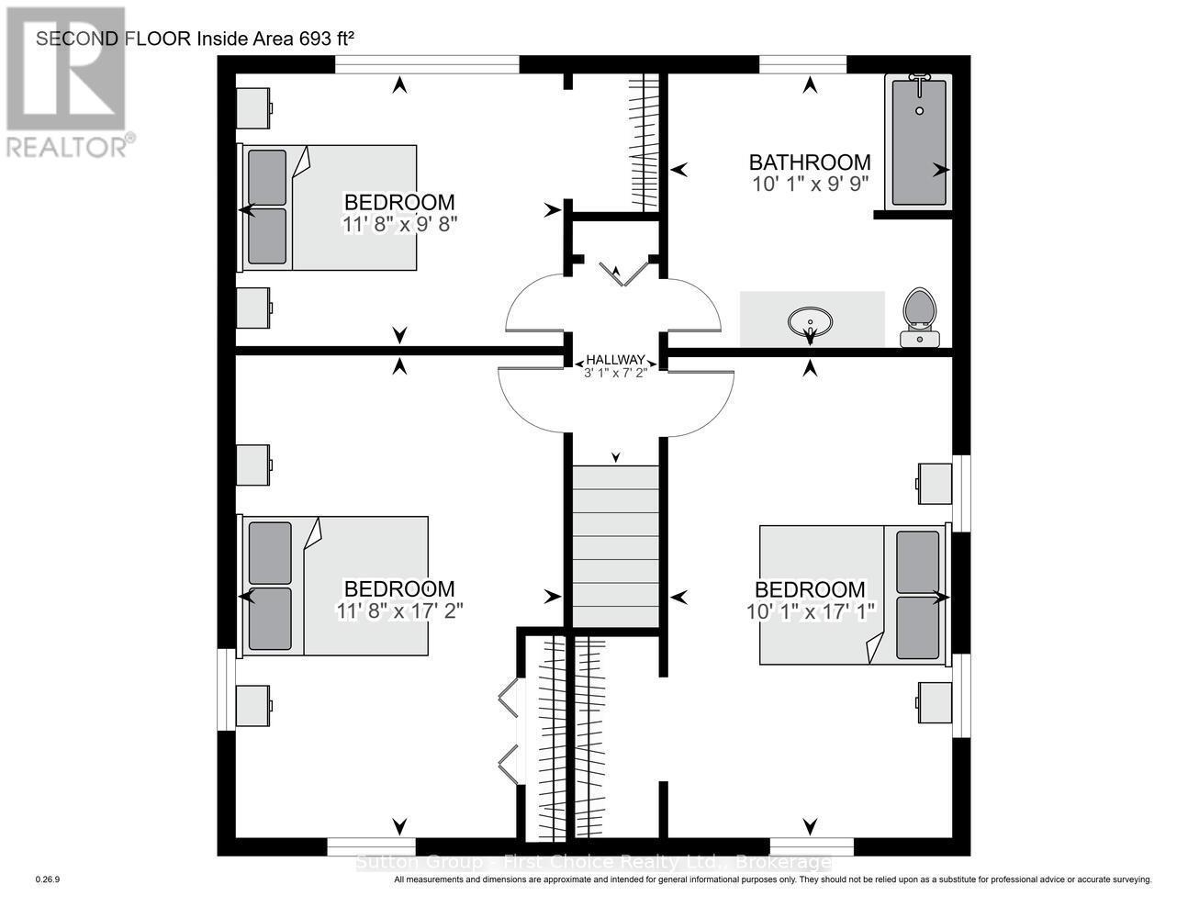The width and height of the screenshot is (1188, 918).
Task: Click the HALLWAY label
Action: pyautogui.click(x=616, y=360)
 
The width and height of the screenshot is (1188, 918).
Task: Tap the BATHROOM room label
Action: pyautogui.click(x=809, y=162)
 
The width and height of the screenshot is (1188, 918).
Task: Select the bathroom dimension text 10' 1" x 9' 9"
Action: pyautogui.click(x=809, y=184)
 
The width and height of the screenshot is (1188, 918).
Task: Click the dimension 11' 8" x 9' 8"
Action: pyautogui.click(x=398, y=224)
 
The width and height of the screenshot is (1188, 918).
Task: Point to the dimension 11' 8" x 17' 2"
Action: pyautogui.click(x=398, y=610)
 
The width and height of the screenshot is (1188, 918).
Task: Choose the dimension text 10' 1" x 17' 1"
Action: pyautogui.click(x=810, y=610)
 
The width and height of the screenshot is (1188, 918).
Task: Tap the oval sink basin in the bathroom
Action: pyautogui.click(x=810, y=322)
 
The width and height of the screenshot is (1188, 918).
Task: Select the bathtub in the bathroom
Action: pyautogui.click(x=919, y=141)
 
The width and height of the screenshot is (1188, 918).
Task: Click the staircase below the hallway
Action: pyautogui.click(x=616, y=546)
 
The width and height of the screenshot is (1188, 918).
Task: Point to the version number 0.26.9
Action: pyautogui.click(x=48, y=879)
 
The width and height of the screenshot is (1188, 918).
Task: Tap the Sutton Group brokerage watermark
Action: pyautogui.click(x=593, y=862)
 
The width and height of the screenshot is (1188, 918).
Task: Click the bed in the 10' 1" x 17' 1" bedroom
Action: pyautogui.click(x=853, y=594)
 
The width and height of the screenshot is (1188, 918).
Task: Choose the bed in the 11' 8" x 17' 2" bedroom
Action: pyautogui.click(x=335, y=586)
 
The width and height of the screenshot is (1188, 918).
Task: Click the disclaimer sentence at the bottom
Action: pyautogui.click(x=772, y=879)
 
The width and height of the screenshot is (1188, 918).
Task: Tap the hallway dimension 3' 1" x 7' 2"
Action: pyautogui.click(x=616, y=373)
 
